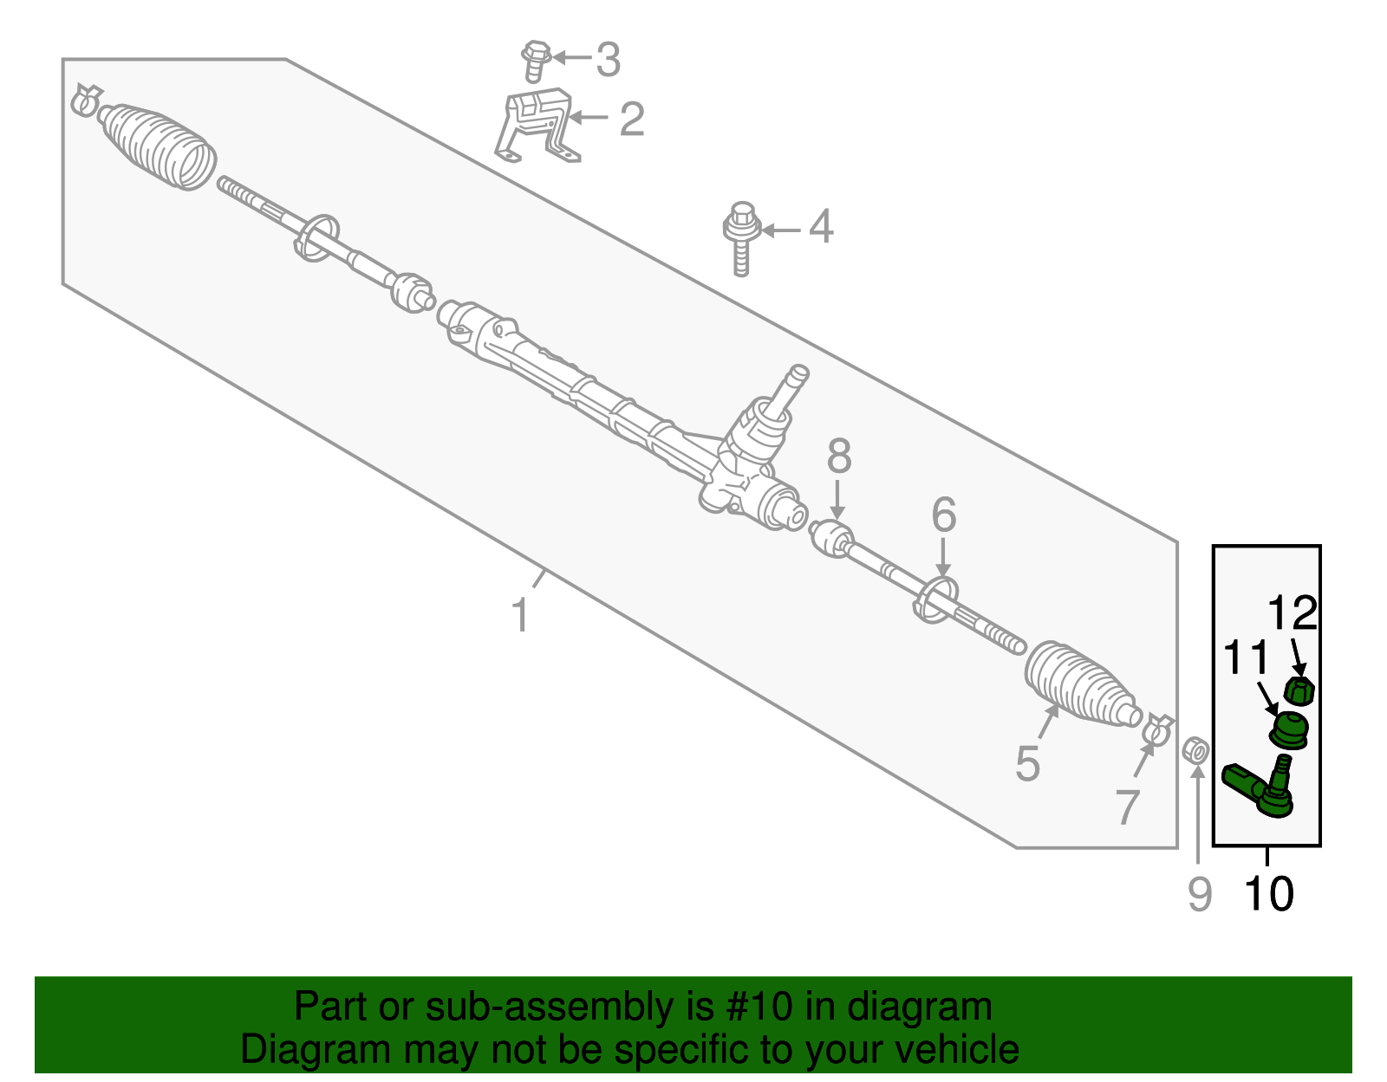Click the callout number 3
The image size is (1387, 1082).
pyautogui.click(x=609, y=60)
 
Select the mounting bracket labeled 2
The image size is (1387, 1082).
pyautogui.click(x=536, y=124)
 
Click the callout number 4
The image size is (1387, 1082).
pyautogui.click(x=821, y=227)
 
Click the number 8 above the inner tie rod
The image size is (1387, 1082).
pyautogui.click(x=838, y=457)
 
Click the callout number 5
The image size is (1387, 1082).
pyautogui.click(x=1027, y=764)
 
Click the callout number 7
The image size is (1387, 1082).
pyautogui.click(x=1126, y=807)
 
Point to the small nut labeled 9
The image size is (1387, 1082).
pyautogui.click(x=1196, y=750)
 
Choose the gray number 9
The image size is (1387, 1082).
pyautogui.click(x=1199, y=894)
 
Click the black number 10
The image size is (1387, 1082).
pyautogui.click(x=1269, y=894)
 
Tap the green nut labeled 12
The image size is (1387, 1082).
pyautogui.click(x=1299, y=691)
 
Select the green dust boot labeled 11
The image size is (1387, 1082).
pyautogui.click(x=1289, y=729)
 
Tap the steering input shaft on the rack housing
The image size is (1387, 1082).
pyautogui.click(x=791, y=386)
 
